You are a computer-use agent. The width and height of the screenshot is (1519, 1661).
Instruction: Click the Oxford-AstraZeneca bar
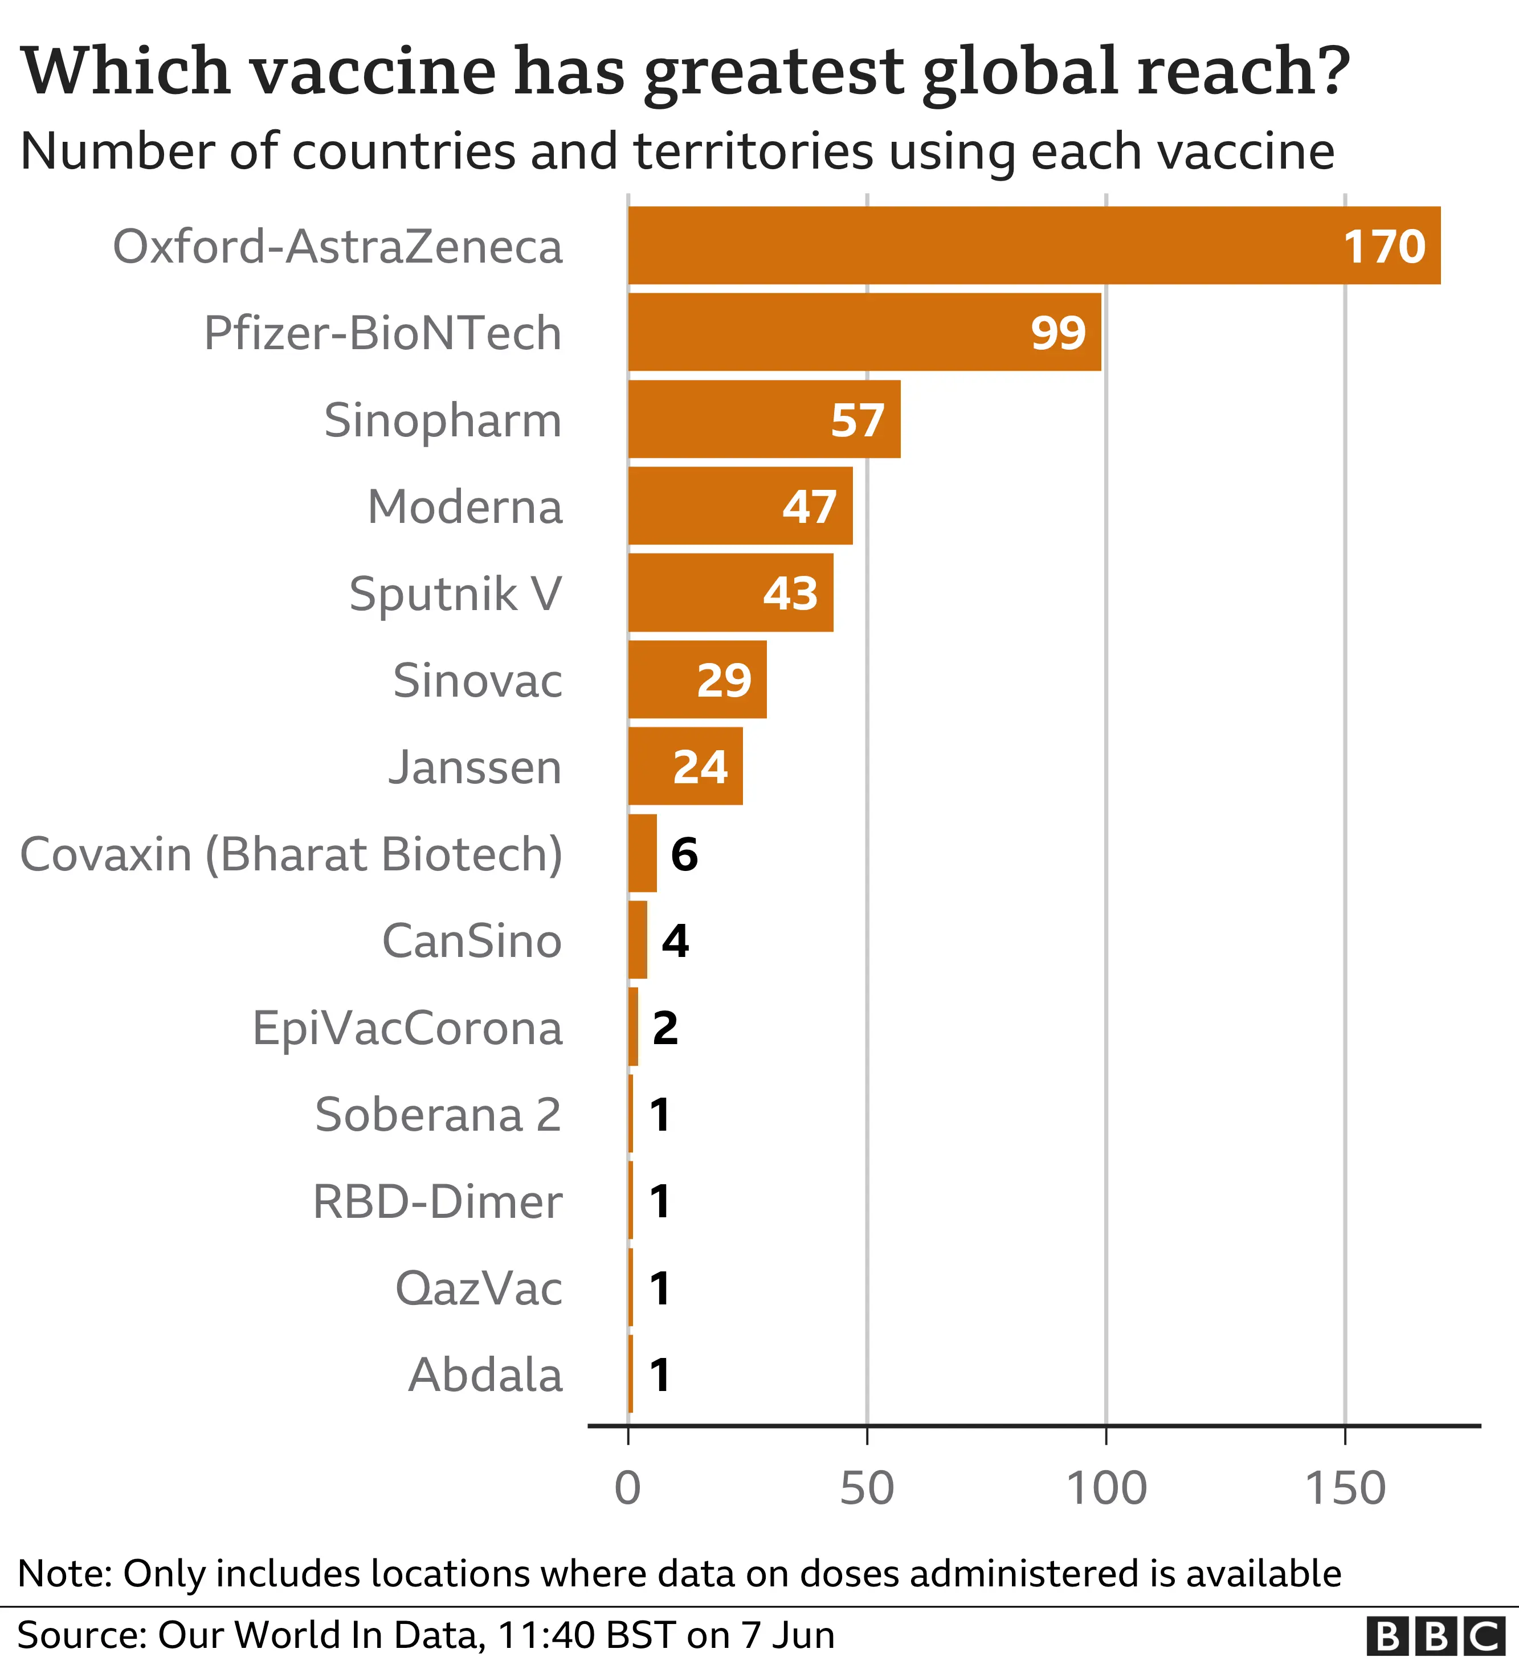1034,246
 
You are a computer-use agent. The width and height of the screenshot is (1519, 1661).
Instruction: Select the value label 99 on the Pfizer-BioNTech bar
1058,333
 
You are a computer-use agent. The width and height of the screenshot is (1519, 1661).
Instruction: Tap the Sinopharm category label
443,420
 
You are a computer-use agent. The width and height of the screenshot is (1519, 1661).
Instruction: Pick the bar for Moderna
740,506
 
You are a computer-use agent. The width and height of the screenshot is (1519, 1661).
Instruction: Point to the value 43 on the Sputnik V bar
790,593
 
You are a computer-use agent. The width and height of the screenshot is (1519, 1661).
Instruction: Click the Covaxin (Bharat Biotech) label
291,854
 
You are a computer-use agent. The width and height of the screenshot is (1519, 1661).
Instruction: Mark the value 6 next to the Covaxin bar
684,854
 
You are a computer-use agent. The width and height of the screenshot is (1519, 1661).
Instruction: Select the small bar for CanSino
637,940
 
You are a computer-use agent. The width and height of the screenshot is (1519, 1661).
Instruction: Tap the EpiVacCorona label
407,1028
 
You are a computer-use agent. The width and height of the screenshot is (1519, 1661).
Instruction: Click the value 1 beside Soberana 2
659,1115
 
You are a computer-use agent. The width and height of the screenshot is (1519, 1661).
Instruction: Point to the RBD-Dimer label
437,1202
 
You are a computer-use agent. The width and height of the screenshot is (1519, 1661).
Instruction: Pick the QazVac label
478,1288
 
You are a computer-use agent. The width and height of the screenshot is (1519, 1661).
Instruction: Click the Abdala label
485,1375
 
